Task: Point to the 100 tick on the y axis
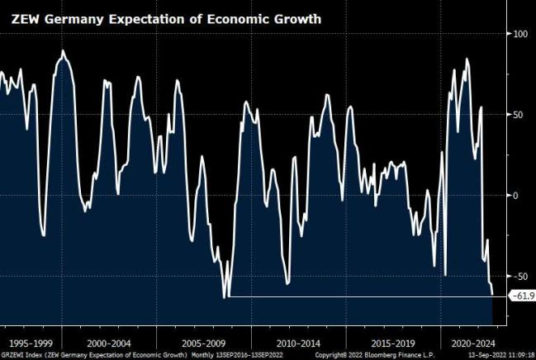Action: coord(520,34)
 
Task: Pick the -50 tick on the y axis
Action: coord(520,276)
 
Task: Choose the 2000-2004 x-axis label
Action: coord(109,342)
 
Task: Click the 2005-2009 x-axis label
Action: coord(204,342)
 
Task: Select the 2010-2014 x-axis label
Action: coord(299,342)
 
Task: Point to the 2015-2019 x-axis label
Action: coord(394,342)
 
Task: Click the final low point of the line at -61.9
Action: coord(492,294)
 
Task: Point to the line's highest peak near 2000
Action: coord(64,51)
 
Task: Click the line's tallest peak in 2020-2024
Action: coord(467,59)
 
